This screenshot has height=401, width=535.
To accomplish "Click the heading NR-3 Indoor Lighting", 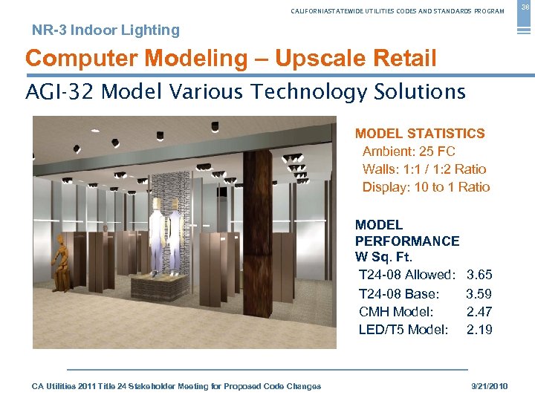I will tap(106, 30).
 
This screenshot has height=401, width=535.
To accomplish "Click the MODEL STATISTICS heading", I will tap(420, 134).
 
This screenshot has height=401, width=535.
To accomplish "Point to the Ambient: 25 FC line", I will tap(409, 151).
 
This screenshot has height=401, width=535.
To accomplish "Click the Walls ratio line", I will tap(424, 169).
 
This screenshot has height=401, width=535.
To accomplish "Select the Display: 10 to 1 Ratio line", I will tap(426, 187).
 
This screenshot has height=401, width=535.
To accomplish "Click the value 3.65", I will tap(479, 276).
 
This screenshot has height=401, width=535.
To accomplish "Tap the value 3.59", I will tap(479, 293).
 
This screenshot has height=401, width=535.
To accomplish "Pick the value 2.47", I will tap(479, 311).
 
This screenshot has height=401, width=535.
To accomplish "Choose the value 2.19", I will tap(479, 329).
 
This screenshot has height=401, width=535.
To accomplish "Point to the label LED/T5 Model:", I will tap(403, 329).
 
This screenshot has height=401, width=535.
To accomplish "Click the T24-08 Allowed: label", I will tap(406, 276).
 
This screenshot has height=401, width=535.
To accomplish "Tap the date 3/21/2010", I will tap(490, 386).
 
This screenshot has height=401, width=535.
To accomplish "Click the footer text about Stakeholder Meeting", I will tap(177, 386).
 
